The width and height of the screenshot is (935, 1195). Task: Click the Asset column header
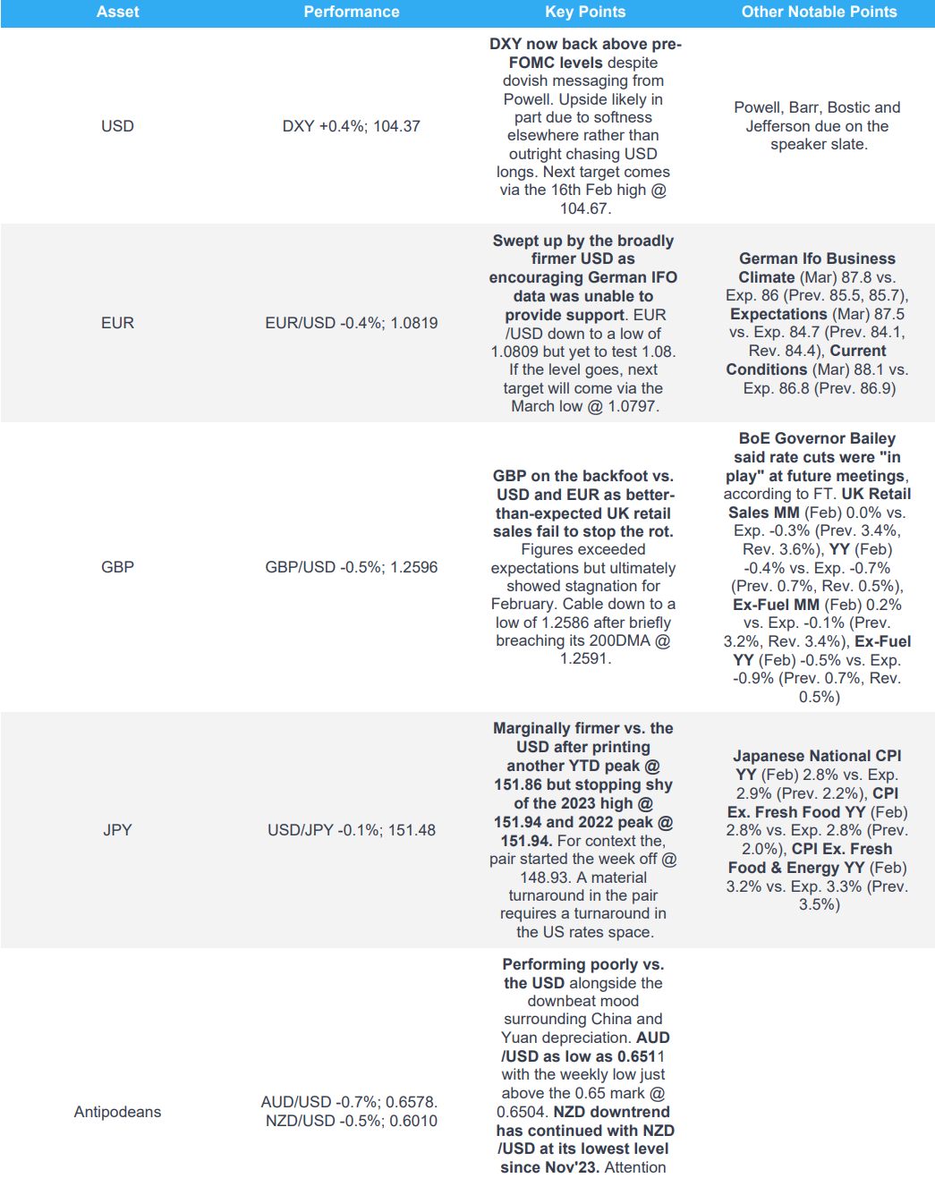pyautogui.click(x=117, y=13)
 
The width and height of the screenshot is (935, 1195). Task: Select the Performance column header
pyautogui.click(x=351, y=13)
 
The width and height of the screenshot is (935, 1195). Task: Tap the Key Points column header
pyautogui.click(x=585, y=13)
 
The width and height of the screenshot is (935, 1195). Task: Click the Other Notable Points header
pyautogui.click(x=819, y=13)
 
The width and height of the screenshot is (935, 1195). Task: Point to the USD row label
pyautogui.click(x=117, y=126)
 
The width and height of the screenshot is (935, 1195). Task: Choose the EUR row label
pyautogui.click(x=117, y=323)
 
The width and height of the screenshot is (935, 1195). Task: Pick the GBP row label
pyautogui.click(x=117, y=567)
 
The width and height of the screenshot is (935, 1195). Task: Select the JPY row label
pyautogui.click(x=117, y=830)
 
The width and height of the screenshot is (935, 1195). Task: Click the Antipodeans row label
pyautogui.click(x=117, y=1112)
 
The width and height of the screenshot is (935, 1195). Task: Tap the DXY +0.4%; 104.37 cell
pyautogui.click(x=351, y=126)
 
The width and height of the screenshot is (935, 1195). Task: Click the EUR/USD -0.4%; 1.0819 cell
pyautogui.click(x=351, y=323)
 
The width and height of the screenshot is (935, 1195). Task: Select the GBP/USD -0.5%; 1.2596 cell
pyautogui.click(x=351, y=567)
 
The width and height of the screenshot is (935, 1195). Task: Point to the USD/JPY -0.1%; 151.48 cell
pyautogui.click(x=351, y=830)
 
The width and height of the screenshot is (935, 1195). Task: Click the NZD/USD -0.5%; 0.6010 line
pyautogui.click(x=351, y=1122)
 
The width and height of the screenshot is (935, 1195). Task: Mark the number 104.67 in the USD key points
pyautogui.click(x=583, y=208)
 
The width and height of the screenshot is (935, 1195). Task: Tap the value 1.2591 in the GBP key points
pyautogui.click(x=583, y=658)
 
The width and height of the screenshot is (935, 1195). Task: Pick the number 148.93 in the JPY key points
pyautogui.click(x=546, y=877)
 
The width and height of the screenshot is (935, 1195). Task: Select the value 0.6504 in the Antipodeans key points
pyautogui.click(x=522, y=1112)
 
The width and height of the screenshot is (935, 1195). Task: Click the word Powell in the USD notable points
pyautogui.click(x=757, y=107)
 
